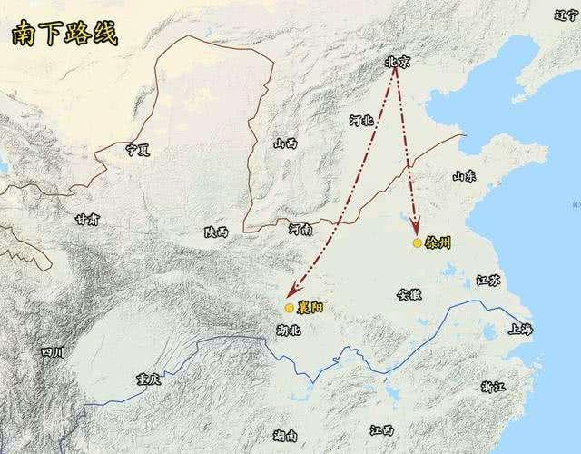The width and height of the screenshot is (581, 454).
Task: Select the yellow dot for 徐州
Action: (416, 243)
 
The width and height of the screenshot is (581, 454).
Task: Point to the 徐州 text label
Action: (437, 244)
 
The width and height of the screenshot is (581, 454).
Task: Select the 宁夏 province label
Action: (137, 149)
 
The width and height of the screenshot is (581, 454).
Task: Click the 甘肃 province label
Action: (88, 219)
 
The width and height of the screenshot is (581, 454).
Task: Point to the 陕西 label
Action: (216, 233)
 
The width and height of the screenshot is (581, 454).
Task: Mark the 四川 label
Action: (53, 352)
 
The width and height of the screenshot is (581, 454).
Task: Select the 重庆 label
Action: (147, 379)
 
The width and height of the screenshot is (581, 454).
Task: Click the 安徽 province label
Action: (410, 294)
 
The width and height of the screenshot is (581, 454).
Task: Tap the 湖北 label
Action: (288, 331)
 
